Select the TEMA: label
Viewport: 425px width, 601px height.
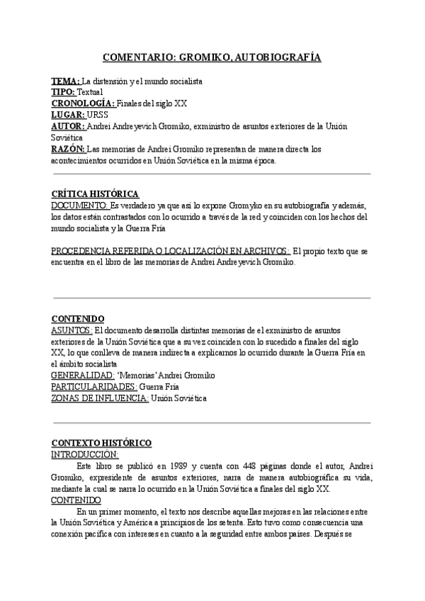(66, 82)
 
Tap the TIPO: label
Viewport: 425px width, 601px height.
(64, 92)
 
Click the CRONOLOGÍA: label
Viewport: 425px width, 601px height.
(83, 103)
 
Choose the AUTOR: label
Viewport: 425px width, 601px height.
(68, 125)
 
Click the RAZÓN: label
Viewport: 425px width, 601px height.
(69, 149)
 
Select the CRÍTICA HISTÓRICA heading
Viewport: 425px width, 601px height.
(96, 194)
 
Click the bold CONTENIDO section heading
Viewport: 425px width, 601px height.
(79, 319)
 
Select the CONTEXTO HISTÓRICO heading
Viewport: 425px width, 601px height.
(101, 443)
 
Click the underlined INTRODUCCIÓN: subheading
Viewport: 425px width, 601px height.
(85, 454)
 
